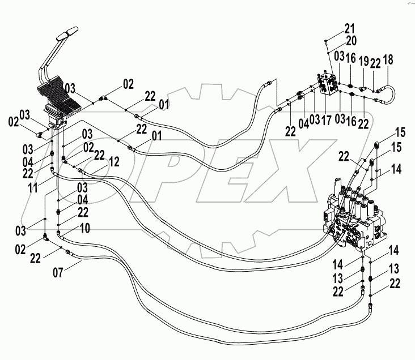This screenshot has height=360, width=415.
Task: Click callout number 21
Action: pos(349,28)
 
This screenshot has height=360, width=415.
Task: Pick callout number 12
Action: pos(114,162)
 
